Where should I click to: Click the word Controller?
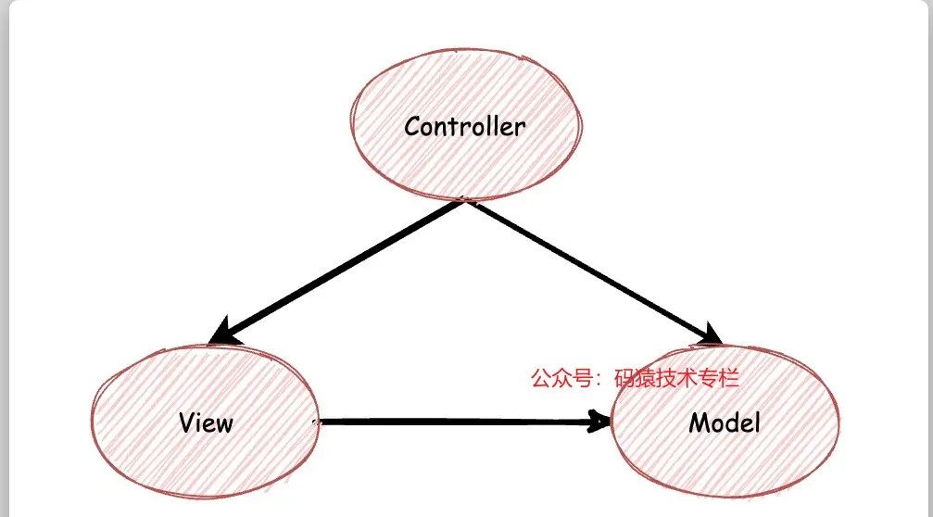464,127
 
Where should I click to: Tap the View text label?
206,423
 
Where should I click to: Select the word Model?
725,423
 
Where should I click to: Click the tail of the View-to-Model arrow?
322,422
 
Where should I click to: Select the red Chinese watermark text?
634,378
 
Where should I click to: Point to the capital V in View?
186,423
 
